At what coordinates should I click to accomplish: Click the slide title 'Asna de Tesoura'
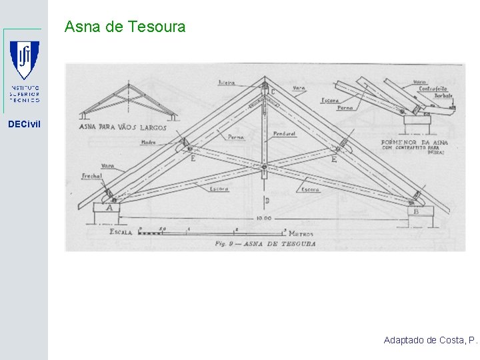(x=125, y=27)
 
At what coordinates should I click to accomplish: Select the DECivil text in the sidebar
(x=24, y=123)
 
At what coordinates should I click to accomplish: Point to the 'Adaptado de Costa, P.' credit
(x=431, y=340)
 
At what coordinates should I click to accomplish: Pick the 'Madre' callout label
(x=149, y=142)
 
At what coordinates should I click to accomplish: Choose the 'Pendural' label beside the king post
(x=285, y=134)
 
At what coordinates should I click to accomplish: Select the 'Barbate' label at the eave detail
(x=444, y=95)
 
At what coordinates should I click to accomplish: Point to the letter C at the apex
(x=272, y=91)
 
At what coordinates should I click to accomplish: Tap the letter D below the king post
(x=266, y=200)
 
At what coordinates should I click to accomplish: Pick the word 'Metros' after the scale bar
(x=301, y=234)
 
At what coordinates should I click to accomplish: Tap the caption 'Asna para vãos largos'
(x=123, y=127)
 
